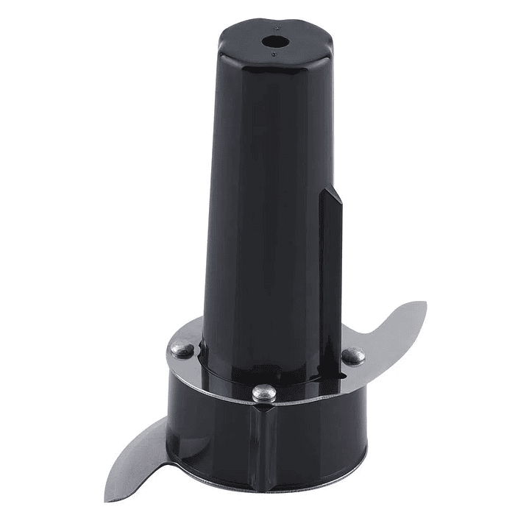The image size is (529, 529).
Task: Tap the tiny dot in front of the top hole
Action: [274, 54]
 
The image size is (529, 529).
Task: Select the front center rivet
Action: [263, 394]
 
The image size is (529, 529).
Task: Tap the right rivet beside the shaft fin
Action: [353, 356]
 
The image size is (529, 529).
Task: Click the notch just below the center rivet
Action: [263, 409]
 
